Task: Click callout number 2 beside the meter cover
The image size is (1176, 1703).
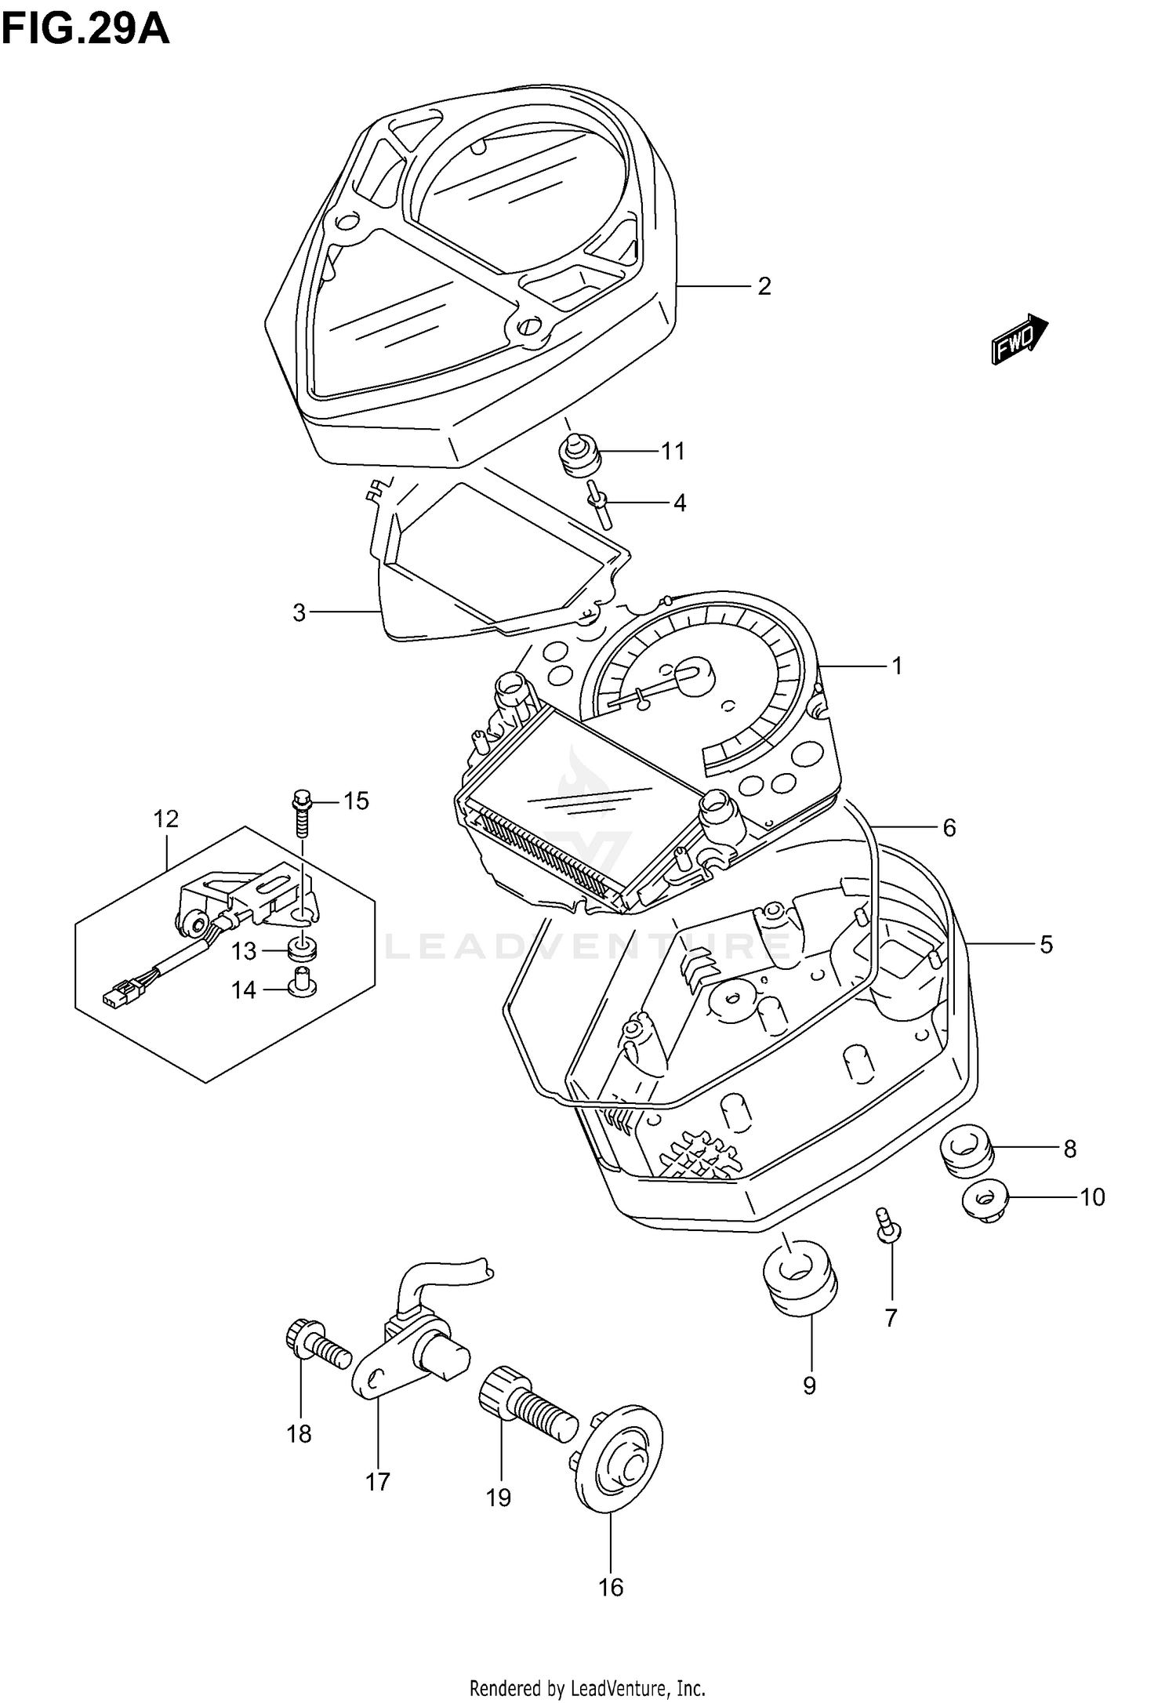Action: point(764,286)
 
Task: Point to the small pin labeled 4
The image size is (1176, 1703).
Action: point(600,504)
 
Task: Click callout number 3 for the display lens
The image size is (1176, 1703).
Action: point(299,612)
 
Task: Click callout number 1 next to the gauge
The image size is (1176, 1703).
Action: point(897,666)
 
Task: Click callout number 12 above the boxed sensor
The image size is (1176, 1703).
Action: point(166,819)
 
